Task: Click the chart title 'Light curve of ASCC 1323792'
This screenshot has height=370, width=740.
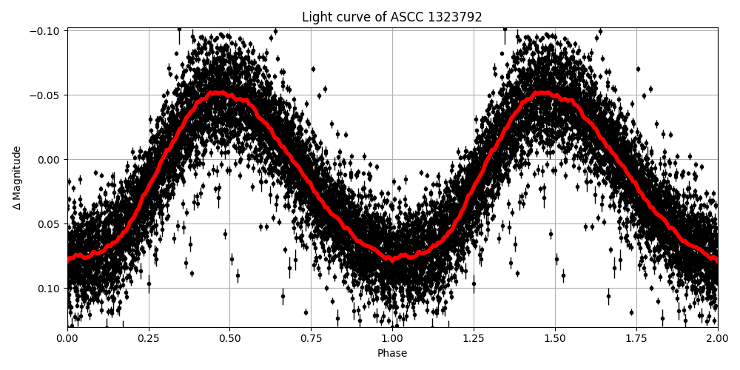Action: (x=391, y=17)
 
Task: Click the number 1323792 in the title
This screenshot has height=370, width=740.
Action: (x=455, y=17)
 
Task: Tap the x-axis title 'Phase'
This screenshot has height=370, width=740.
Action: (x=391, y=354)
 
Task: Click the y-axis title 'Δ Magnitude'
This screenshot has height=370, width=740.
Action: (x=17, y=178)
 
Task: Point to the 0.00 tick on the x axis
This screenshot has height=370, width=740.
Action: (x=67, y=338)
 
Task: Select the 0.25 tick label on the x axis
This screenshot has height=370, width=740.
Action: (x=149, y=338)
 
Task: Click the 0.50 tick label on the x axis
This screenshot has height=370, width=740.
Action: (x=229, y=338)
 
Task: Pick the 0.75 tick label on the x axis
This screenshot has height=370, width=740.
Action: (x=311, y=338)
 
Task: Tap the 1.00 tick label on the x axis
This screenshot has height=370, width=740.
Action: (x=392, y=338)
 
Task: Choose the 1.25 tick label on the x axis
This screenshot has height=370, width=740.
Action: (x=474, y=338)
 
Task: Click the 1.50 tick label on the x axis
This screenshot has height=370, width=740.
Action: (x=555, y=338)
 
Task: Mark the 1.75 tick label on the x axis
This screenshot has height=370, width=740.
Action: (x=636, y=338)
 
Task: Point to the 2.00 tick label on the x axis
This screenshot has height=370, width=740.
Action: (x=717, y=338)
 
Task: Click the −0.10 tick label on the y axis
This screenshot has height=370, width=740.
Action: (x=46, y=31)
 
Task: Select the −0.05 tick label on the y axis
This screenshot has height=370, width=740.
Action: (x=46, y=95)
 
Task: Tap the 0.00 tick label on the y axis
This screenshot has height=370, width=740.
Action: (x=50, y=160)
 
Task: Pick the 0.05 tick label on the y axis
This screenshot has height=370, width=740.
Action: (x=50, y=224)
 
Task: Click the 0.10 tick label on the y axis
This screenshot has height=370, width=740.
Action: (x=50, y=289)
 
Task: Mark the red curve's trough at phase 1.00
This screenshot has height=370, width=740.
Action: (x=392, y=259)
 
